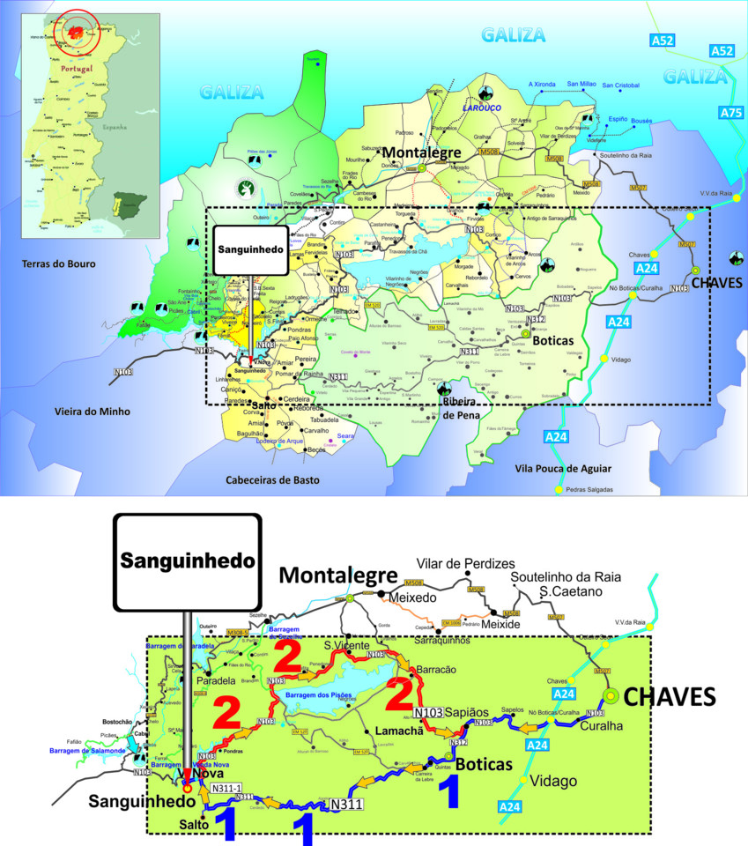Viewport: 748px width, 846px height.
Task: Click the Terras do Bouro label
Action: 61,263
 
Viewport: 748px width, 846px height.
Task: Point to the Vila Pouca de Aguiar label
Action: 562,469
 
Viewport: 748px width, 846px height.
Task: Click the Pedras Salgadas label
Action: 589,490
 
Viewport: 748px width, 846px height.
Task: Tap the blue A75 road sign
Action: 730,113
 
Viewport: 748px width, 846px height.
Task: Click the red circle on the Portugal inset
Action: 78,32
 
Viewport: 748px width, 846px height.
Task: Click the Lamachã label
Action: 399,731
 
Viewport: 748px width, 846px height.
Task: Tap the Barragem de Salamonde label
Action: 88,750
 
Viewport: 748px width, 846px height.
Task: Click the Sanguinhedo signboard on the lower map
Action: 187,560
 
